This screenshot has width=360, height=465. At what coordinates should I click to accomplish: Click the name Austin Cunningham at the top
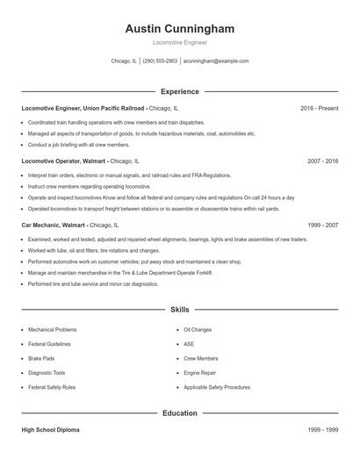click(179, 29)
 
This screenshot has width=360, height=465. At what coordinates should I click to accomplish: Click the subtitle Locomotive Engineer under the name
click(179, 43)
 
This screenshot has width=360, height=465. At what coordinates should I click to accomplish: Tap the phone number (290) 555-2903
click(160, 61)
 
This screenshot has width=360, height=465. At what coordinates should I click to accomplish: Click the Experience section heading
click(179, 91)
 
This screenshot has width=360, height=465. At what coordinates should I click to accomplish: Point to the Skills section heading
click(179, 310)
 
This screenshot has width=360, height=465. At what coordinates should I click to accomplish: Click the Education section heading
click(179, 412)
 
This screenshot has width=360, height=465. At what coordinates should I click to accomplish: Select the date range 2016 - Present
click(319, 108)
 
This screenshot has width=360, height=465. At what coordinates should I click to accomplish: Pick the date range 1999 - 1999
click(322, 431)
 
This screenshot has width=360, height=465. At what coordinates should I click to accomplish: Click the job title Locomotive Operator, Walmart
click(63, 161)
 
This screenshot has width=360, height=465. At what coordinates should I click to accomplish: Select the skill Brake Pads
click(42, 358)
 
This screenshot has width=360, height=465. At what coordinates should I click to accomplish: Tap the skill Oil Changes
click(198, 329)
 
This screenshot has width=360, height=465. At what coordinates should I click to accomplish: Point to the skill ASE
click(189, 344)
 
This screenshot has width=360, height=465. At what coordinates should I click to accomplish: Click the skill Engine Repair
click(199, 372)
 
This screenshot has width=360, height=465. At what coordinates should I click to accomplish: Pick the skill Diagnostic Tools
click(47, 372)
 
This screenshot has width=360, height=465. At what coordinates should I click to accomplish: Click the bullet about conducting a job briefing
click(78, 145)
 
